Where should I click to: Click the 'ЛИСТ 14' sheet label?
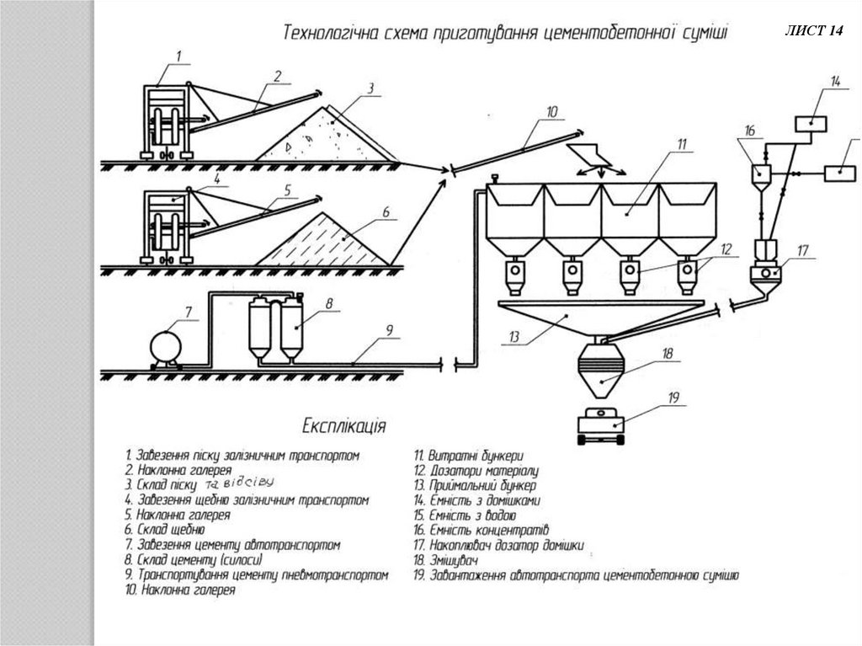pyautogui.click(x=812, y=31)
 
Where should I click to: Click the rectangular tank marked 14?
pyautogui.click(x=811, y=124)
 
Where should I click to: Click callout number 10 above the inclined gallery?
pyautogui.click(x=551, y=110)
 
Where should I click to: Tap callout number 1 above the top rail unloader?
pyautogui.click(x=178, y=56)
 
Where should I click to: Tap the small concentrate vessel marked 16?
pyautogui.click(x=758, y=174)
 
